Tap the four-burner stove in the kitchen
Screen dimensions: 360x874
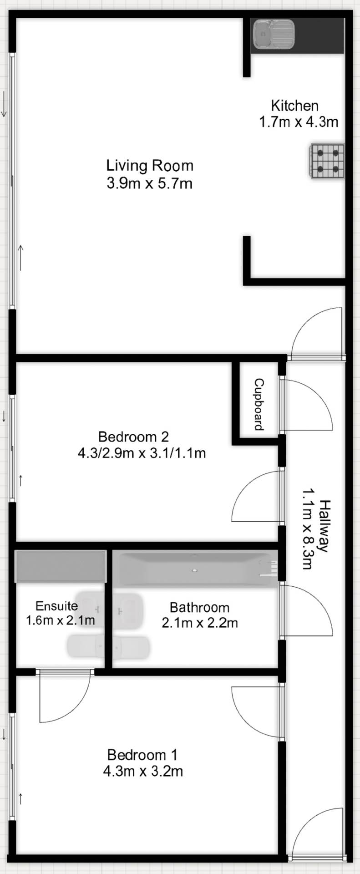coord(328,161)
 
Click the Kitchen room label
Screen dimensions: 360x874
coord(294,106)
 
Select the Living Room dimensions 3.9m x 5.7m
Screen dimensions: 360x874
coord(149,183)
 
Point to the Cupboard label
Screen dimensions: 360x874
coord(259,404)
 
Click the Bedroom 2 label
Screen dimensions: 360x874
coord(133,437)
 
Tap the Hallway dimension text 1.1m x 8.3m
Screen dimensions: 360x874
coord(307,529)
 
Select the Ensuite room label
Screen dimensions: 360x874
coord(56,606)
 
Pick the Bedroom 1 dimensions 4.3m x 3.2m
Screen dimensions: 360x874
coord(143,771)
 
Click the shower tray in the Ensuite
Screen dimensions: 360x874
coord(61,566)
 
